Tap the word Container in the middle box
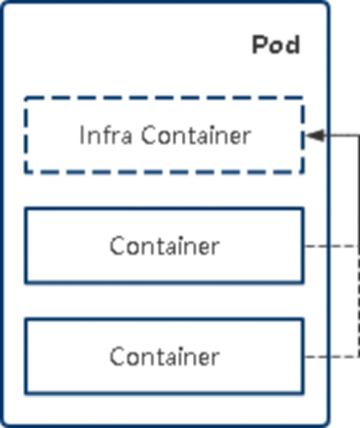[163, 246]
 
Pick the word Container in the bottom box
[163, 355]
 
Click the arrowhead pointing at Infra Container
[313, 135]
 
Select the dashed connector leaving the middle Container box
[329, 246]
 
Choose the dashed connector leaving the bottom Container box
[329, 355]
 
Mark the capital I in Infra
[80, 135]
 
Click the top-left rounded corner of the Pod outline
[6, 6]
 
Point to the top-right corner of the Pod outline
[324, 6]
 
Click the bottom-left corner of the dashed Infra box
[26, 172]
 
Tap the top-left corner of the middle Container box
[26, 209]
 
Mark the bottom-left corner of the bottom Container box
[26, 392]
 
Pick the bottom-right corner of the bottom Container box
[303, 392]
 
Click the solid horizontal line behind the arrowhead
[340, 135]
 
